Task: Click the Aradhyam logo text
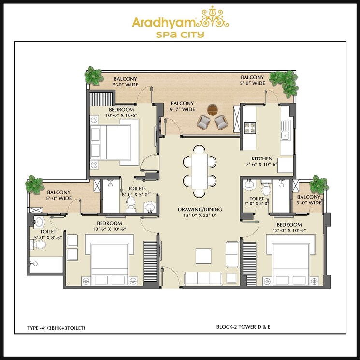tap(160, 23)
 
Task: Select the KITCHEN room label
tap(261, 158)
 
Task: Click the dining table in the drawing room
tap(199, 170)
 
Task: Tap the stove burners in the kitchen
tap(250, 128)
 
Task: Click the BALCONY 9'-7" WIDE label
tap(182, 106)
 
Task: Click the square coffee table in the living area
tap(203, 255)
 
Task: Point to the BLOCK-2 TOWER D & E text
tap(243, 327)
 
